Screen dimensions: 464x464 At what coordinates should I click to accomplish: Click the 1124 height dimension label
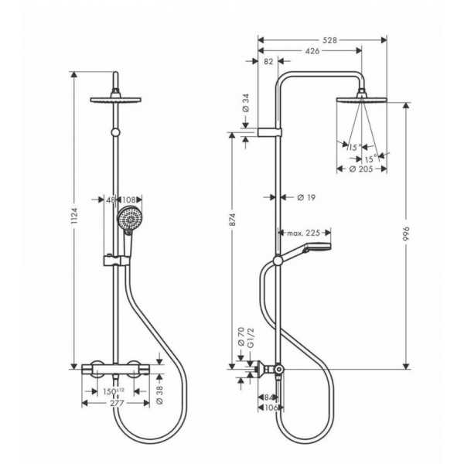[74, 216]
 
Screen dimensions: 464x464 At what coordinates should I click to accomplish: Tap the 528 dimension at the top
[329, 40]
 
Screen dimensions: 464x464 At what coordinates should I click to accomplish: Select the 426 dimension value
[312, 51]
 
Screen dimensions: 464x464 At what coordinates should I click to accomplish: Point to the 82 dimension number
[268, 62]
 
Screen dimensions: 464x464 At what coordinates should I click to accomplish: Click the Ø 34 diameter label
[246, 103]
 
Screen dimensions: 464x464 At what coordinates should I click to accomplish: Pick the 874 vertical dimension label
[232, 220]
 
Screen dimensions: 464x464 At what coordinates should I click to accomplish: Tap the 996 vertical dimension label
[406, 234]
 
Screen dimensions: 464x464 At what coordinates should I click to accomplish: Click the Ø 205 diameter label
[361, 169]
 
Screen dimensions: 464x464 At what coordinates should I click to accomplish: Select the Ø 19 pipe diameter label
[306, 197]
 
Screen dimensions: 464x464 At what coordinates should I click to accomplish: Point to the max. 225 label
[304, 233]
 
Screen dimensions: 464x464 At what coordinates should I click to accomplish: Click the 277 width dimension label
[117, 403]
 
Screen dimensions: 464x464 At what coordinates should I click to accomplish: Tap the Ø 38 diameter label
[159, 396]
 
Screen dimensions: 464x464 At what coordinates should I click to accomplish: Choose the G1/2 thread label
[251, 338]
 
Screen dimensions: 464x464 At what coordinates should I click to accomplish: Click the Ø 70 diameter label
[241, 336]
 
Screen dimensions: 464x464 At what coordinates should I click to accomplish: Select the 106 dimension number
[271, 408]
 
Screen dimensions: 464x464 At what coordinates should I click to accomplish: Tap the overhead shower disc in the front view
[115, 100]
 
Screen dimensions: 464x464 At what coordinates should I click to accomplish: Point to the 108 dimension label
[128, 200]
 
